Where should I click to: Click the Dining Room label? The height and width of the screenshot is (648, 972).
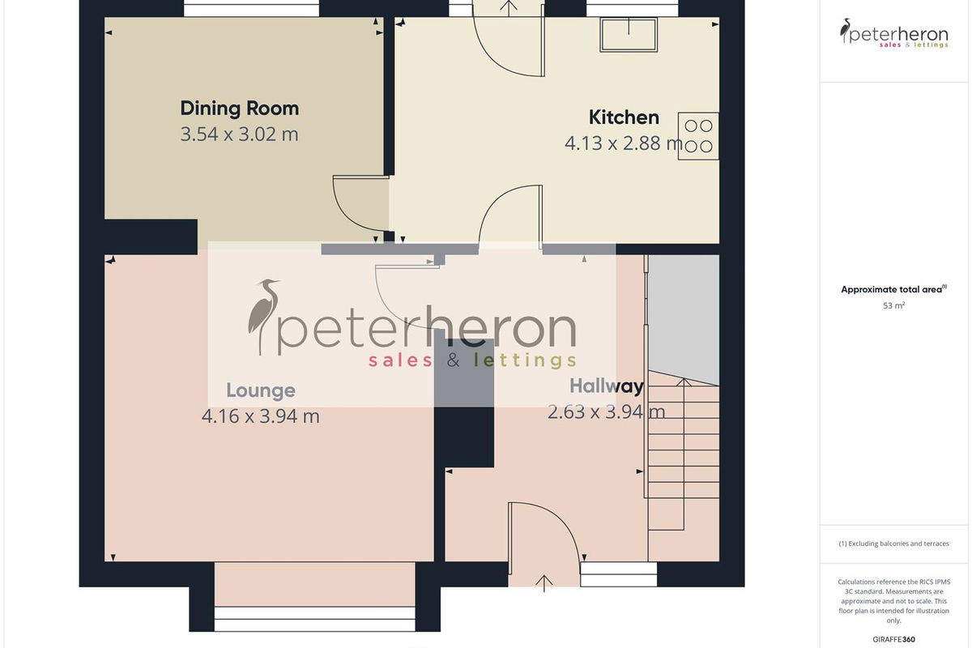[x=240, y=109]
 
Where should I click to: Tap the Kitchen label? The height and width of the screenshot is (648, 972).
[x=624, y=117]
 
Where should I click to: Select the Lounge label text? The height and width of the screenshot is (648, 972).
[x=261, y=390]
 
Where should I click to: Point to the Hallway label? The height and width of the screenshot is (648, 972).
[x=606, y=386]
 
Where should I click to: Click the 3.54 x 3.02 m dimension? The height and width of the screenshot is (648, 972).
[x=240, y=134]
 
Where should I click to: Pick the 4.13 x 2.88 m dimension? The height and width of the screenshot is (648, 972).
[x=623, y=143]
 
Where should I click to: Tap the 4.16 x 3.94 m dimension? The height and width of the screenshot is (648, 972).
[x=261, y=416]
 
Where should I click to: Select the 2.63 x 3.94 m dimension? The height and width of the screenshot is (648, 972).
[x=606, y=412]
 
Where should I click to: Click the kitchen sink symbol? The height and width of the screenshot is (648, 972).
[x=629, y=34]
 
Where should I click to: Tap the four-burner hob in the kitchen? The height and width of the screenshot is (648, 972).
[x=698, y=136]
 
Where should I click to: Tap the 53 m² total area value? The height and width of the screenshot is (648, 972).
[x=893, y=305]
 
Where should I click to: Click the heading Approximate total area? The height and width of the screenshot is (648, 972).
[x=893, y=289]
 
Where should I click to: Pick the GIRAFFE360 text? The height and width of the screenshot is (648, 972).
[x=893, y=639]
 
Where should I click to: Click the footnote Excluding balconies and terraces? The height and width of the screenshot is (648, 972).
[x=893, y=544]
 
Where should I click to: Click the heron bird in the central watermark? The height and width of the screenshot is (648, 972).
[x=263, y=316]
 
